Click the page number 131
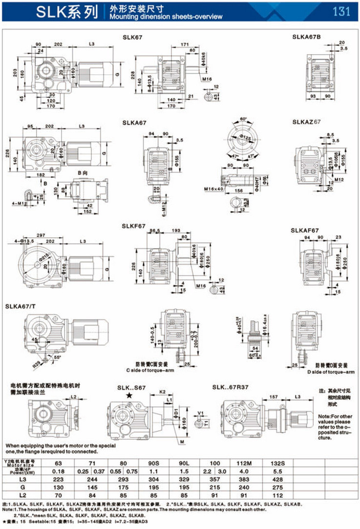point(341,11)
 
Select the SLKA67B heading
point(306,37)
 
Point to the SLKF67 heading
point(134,226)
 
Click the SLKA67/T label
point(21,307)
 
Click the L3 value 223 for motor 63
point(58,480)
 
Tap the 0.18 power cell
point(58,471)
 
